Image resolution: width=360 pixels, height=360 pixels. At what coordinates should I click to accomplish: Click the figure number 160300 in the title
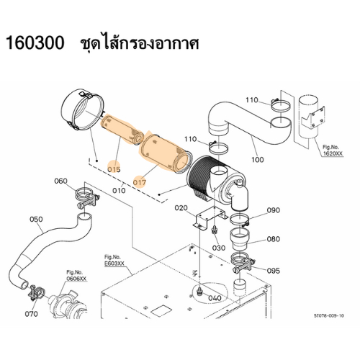pyautogui.click(x=35, y=43)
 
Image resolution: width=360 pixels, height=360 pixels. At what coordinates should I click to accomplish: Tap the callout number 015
pyautogui.click(x=114, y=169)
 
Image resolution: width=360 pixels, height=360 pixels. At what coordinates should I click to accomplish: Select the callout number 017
pyautogui.click(x=140, y=183)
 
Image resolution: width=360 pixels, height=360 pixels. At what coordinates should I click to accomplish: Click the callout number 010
pyautogui.click(x=119, y=191)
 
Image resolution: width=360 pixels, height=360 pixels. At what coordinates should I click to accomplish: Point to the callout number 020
pyautogui.click(x=181, y=208)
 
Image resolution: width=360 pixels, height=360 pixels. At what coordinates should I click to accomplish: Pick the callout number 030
pyautogui.click(x=219, y=248)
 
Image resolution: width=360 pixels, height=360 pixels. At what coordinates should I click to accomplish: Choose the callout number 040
pyautogui.click(x=215, y=298)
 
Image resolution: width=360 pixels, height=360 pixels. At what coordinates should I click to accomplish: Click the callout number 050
pyautogui.click(x=36, y=219)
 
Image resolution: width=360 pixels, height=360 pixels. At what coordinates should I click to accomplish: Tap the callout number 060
pyautogui.click(x=60, y=181)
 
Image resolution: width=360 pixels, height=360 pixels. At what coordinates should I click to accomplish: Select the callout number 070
pyautogui.click(x=32, y=314)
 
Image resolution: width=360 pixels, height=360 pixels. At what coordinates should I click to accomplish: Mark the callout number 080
pyautogui.click(x=274, y=239)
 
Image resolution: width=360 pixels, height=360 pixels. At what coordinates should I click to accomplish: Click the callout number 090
pyautogui.click(x=274, y=210)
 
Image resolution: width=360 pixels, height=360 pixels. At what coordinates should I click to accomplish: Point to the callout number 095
pyautogui.click(x=274, y=271)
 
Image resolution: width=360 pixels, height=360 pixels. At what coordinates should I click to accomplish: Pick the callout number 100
pyautogui.click(x=258, y=159)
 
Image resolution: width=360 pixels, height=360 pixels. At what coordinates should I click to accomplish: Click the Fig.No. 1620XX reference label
pyautogui.click(x=333, y=150)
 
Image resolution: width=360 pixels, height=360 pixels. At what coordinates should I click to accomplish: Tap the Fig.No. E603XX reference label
pyautogui.click(x=114, y=261)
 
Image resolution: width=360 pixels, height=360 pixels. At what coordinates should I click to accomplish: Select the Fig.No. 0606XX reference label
pyautogui.click(x=76, y=276)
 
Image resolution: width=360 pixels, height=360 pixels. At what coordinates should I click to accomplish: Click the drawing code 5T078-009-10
pyautogui.click(x=329, y=315)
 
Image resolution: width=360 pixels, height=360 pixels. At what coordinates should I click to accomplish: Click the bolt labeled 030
pyautogui.click(x=213, y=230)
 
